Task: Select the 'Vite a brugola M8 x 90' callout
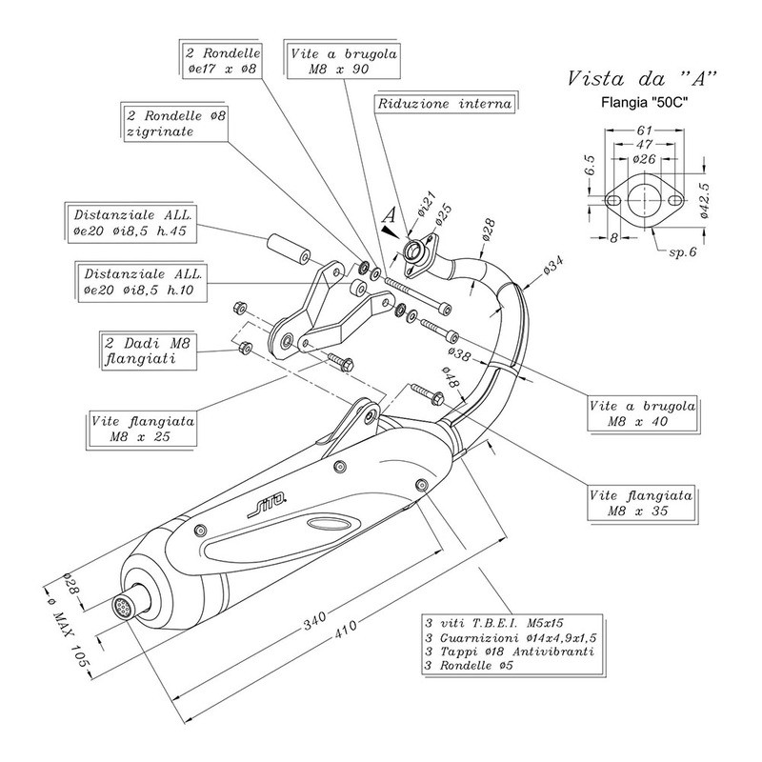(x=340, y=62)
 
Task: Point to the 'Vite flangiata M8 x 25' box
(x=144, y=428)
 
